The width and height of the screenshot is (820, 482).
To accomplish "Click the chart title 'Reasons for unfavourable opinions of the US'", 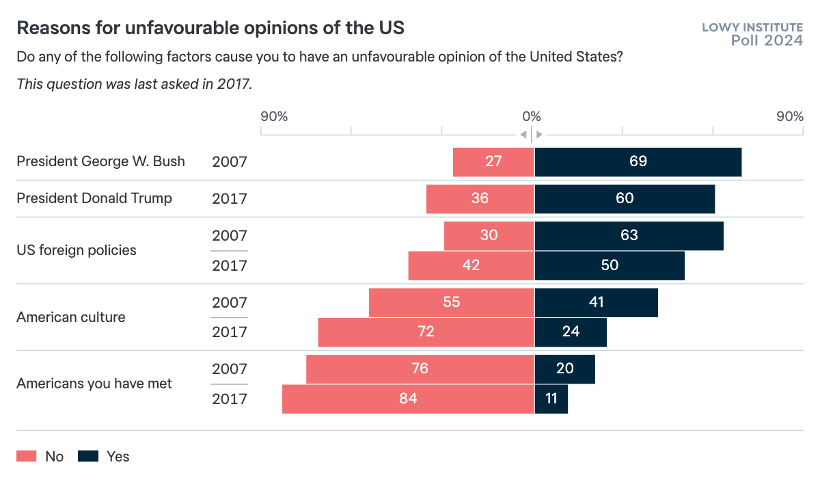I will [210, 28].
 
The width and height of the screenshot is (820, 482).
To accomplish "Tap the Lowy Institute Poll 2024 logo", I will [752, 34].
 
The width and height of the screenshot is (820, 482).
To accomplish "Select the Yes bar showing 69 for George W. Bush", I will [638, 162].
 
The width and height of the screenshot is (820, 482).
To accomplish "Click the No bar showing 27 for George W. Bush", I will [493, 162].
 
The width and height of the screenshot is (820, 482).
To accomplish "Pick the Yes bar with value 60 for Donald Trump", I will [625, 199].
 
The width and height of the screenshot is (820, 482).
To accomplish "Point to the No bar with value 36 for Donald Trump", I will [480, 199].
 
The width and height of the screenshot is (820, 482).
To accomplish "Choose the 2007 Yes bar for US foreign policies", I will [629, 236].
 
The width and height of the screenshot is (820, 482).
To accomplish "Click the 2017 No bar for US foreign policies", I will [471, 265].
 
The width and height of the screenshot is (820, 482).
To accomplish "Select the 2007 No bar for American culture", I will [451, 302].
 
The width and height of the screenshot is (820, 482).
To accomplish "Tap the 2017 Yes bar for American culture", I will [571, 332].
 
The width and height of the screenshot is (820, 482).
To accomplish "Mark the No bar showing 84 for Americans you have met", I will [408, 399].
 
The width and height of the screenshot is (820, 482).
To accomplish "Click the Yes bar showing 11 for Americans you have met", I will [551, 399].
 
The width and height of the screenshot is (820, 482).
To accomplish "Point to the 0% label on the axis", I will [532, 116].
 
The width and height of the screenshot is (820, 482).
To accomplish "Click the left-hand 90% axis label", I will [274, 116].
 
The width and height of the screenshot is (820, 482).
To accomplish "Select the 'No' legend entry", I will [40, 457].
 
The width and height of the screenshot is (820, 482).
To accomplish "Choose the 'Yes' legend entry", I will [104, 457].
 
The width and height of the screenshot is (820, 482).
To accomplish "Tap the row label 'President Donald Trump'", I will [94, 199].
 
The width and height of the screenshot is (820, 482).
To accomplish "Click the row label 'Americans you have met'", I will [94, 384].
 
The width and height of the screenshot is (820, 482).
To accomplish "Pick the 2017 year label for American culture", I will [229, 332].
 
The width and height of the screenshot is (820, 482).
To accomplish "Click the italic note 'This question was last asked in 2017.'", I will [135, 84].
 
